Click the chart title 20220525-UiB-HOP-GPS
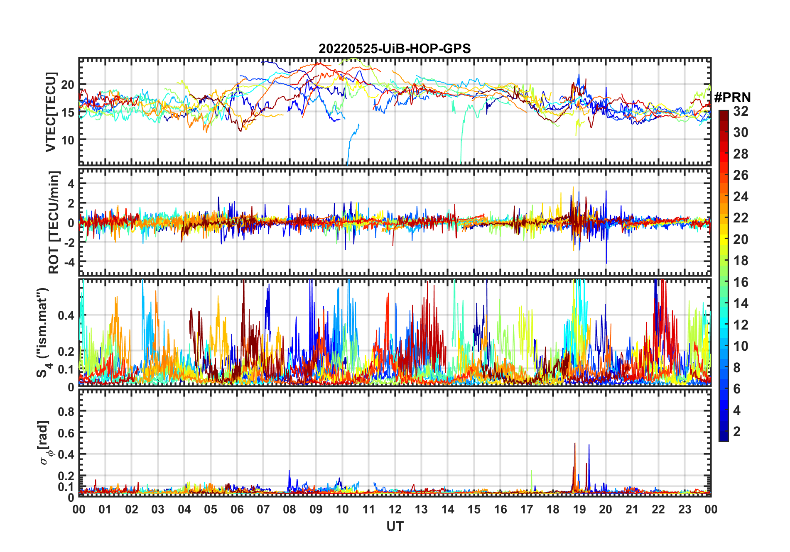[395, 49]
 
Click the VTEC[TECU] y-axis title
[51, 112]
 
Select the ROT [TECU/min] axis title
[54, 222]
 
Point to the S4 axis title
[43, 332]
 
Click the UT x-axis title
[395, 527]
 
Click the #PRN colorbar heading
[732, 98]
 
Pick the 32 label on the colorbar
[741, 111]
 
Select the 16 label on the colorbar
[741, 282]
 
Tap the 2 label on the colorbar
[737, 432]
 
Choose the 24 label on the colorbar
[741, 197]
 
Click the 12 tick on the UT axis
[395, 509]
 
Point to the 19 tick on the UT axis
[579, 509]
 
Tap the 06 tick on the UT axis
[237, 509]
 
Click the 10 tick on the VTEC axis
[68, 140]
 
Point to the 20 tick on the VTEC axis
[68, 85]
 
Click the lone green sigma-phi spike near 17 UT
[532, 477]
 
